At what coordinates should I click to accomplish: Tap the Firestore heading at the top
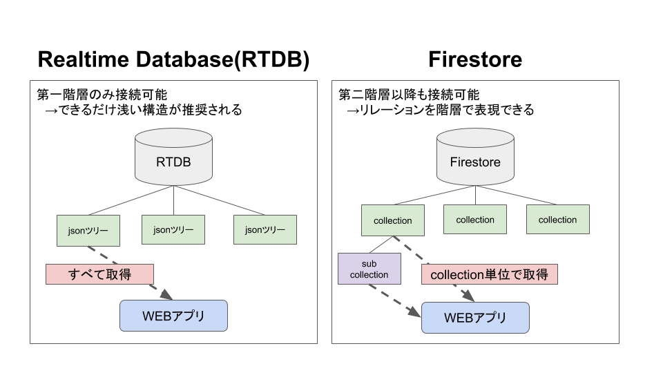474,59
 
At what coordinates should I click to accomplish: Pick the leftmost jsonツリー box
88,230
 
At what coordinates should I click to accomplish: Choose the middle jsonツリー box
173,229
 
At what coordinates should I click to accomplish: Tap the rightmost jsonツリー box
265,229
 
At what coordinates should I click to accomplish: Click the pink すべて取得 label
99,274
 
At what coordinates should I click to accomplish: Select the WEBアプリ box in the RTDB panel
173,316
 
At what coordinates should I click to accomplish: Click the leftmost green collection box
392,220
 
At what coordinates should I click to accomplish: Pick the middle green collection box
475,220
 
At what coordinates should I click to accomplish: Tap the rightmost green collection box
557,220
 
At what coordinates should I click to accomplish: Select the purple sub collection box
369,269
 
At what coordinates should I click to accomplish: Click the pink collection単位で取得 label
489,275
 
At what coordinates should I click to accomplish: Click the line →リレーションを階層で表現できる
440,110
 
